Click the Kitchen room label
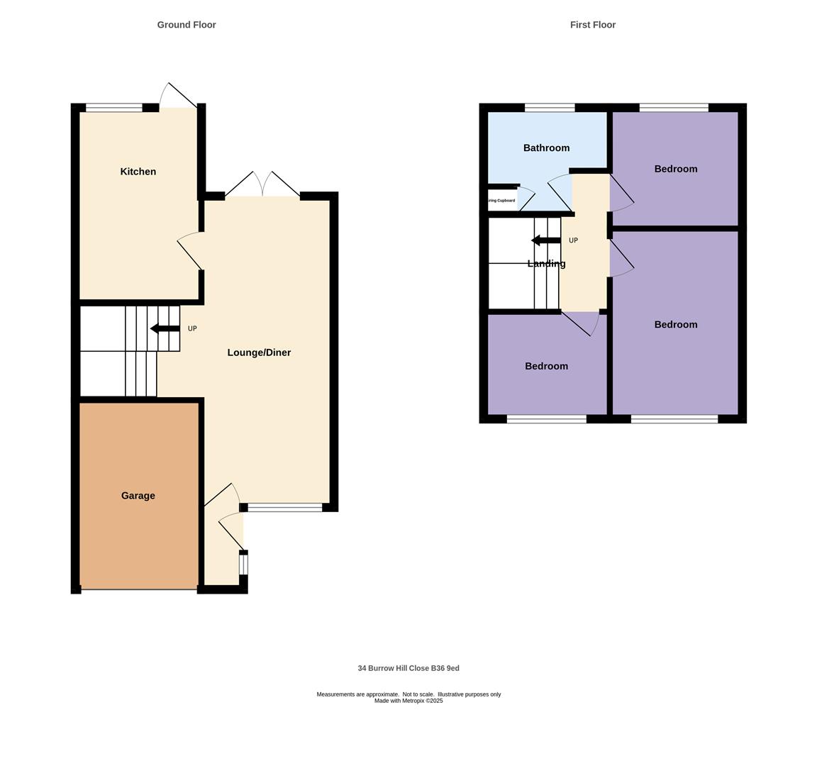pos(138,172)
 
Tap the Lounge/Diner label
pos(259,353)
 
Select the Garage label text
pos(138,496)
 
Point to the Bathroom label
pos(546,148)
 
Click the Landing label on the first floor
pos(546,264)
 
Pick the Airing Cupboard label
pos(501,201)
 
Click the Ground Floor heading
pos(187,25)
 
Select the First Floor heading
pos(593,25)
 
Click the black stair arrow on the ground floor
pos(165,328)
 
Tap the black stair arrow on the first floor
pos(545,240)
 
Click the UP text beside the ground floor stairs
pos(192,329)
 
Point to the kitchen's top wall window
pos(113,108)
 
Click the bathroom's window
pos(550,108)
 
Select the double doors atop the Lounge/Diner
pos(262,186)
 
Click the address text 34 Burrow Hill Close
pos(408,668)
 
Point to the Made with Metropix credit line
pos(408,701)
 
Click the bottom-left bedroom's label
pos(546,367)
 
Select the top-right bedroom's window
pos(674,108)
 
